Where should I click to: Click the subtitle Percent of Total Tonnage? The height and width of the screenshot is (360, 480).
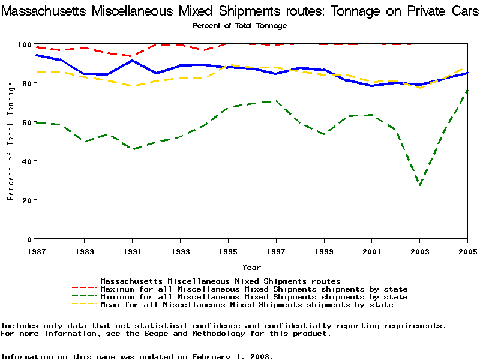point(239,26)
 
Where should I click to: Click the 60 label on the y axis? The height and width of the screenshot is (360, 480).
point(26,122)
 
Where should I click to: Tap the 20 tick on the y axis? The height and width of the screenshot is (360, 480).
point(26,200)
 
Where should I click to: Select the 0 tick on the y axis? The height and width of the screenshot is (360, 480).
point(29,239)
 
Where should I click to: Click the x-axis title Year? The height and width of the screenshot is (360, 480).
point(251,267)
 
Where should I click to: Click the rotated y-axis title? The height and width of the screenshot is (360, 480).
point(11,142)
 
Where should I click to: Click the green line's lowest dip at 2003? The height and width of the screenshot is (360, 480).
point(420,185)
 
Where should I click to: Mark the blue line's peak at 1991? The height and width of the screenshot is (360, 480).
point(132,61)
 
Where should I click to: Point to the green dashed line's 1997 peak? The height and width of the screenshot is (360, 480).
point(276,101)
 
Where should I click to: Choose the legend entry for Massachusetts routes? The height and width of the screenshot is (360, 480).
point(220,281)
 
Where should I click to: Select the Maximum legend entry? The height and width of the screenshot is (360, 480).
point(254,289)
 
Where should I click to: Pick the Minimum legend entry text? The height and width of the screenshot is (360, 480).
point(254,297)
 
